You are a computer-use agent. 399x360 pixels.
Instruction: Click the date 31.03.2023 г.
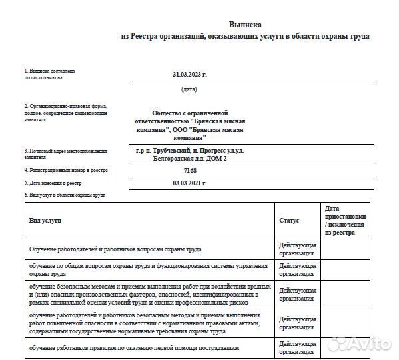point(190,74)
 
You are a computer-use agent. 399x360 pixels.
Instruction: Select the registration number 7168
point(190,171)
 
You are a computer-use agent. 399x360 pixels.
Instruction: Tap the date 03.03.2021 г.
point(190,183)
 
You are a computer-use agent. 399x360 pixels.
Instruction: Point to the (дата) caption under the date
point(189,89)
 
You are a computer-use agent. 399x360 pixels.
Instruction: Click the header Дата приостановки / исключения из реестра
point(346,221)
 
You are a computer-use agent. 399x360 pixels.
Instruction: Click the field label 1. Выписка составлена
point(49,71)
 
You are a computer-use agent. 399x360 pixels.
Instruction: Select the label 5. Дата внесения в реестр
point(53,183)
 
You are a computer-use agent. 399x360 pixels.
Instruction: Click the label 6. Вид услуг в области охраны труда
point(65,195)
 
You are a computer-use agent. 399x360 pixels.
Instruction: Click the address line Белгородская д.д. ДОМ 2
point(190,158)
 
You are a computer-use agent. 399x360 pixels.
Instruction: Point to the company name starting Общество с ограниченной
point(190,114)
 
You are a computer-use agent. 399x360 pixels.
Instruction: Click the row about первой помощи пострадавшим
point(134,348)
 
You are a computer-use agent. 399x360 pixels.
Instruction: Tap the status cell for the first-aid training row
point(298,348)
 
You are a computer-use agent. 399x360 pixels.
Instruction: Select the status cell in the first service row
point(298,249)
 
